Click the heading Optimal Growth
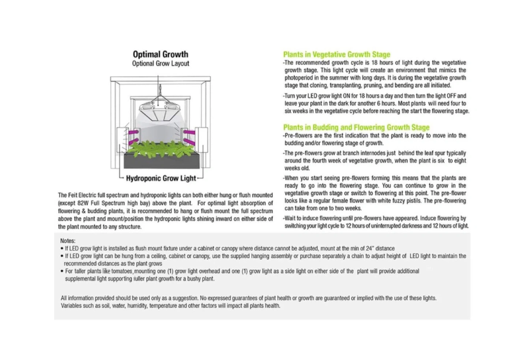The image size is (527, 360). pos(160,55)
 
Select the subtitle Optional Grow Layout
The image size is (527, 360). pos(160,64)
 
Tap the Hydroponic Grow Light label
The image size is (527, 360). pos(161,179)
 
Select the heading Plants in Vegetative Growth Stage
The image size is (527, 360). pos(337,55)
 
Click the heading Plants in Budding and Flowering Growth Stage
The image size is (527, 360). pos(356,127)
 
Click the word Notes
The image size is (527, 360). pos(68,241)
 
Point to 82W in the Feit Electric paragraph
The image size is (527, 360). pos(83,203)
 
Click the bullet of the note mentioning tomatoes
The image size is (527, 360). pos(62,271)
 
